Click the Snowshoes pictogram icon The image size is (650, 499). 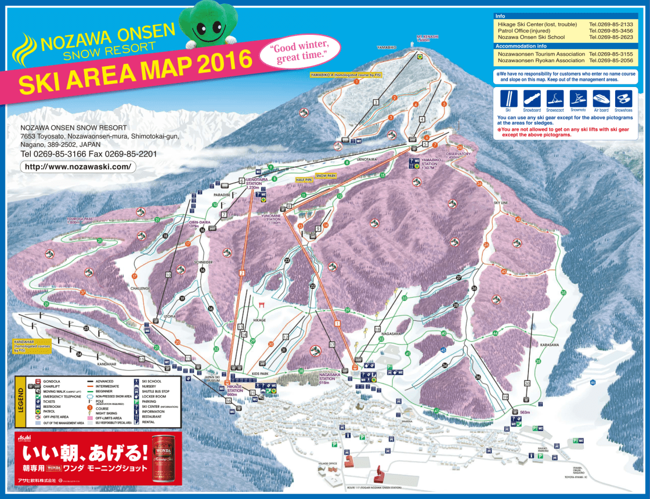(623, 98)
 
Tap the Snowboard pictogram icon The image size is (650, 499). (531, 98)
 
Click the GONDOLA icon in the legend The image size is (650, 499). (38, 382)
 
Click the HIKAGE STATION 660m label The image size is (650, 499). (234, 391)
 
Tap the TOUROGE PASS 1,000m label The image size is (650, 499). (80, 220)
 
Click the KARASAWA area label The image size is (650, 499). (549, 345)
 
